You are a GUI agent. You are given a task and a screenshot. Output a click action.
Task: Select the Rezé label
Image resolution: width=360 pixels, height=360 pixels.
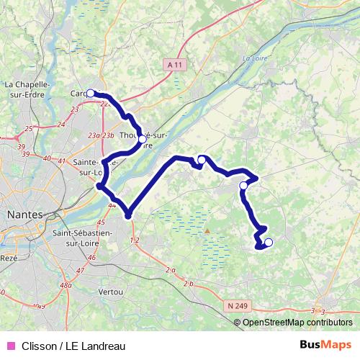[9, 258]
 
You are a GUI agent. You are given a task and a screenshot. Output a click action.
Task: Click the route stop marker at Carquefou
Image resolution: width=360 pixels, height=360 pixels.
[91, 93]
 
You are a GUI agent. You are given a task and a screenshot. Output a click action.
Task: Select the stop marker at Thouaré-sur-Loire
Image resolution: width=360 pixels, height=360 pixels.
[142, 139]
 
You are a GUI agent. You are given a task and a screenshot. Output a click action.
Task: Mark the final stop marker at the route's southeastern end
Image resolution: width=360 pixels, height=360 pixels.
[269, 243]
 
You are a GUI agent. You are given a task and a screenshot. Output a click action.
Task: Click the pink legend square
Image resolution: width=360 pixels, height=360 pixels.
[10, 344]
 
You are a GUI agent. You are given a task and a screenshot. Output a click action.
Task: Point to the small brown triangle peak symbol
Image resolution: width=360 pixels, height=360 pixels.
[207, 231]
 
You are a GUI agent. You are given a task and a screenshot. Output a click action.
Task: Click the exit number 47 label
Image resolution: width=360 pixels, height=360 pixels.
[81, 269]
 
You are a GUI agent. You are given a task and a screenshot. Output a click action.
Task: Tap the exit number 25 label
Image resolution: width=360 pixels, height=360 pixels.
[29, 128]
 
